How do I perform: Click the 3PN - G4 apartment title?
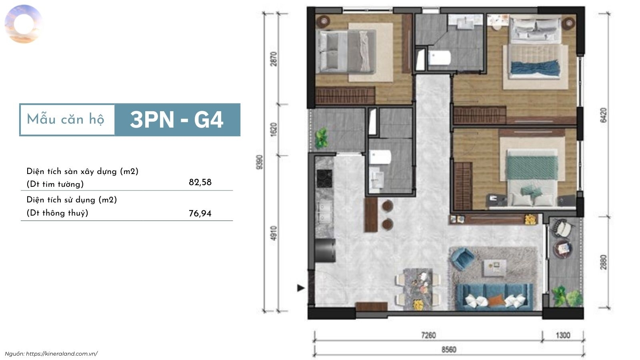click(x=176, y=120)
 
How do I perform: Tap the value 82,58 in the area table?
click(x=200, y=182)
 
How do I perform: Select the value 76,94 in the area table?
click(x=200, y=214)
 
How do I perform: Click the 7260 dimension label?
click(x=428, y=335)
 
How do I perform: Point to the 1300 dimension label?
click(x=563, y=335)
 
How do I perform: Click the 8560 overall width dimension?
click(x=449, y=350)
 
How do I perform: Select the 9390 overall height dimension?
click(x=260, y=162)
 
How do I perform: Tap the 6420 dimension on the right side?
click(x=603, y=115)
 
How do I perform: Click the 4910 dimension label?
click(x=274, y=233)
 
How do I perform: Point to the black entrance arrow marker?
click(x=300, y=288)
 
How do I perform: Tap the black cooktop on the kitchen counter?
click(x=324, y=178)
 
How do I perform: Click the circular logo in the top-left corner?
click(x=24, y=24)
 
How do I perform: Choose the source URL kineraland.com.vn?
click(x=62, y=354)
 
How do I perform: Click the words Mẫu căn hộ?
click(x=66, y=120)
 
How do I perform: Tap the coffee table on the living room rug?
click(x=494, y=268)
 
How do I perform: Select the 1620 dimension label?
click(x=274, y=130)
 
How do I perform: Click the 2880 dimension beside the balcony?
click(x=603, y=262)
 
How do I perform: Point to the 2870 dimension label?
click(x=274, y=59)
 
